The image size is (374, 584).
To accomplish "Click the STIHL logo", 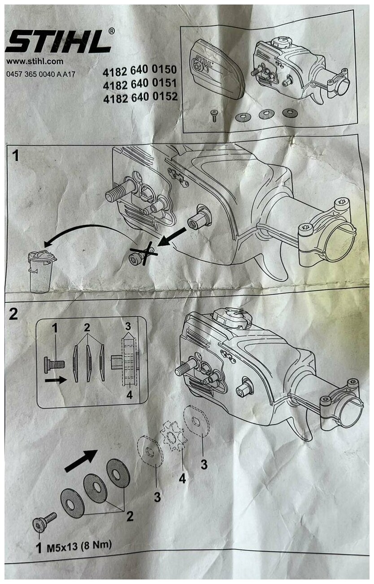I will point(58,41).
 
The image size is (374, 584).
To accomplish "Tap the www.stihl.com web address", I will point(35,62).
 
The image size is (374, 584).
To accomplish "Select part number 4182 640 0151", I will point(140,84).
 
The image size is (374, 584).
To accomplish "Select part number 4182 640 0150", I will point(139,71).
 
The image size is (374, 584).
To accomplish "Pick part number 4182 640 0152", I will point(140,97).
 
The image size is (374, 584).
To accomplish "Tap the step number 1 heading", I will point(16,156).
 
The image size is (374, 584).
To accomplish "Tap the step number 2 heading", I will point(14,314).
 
